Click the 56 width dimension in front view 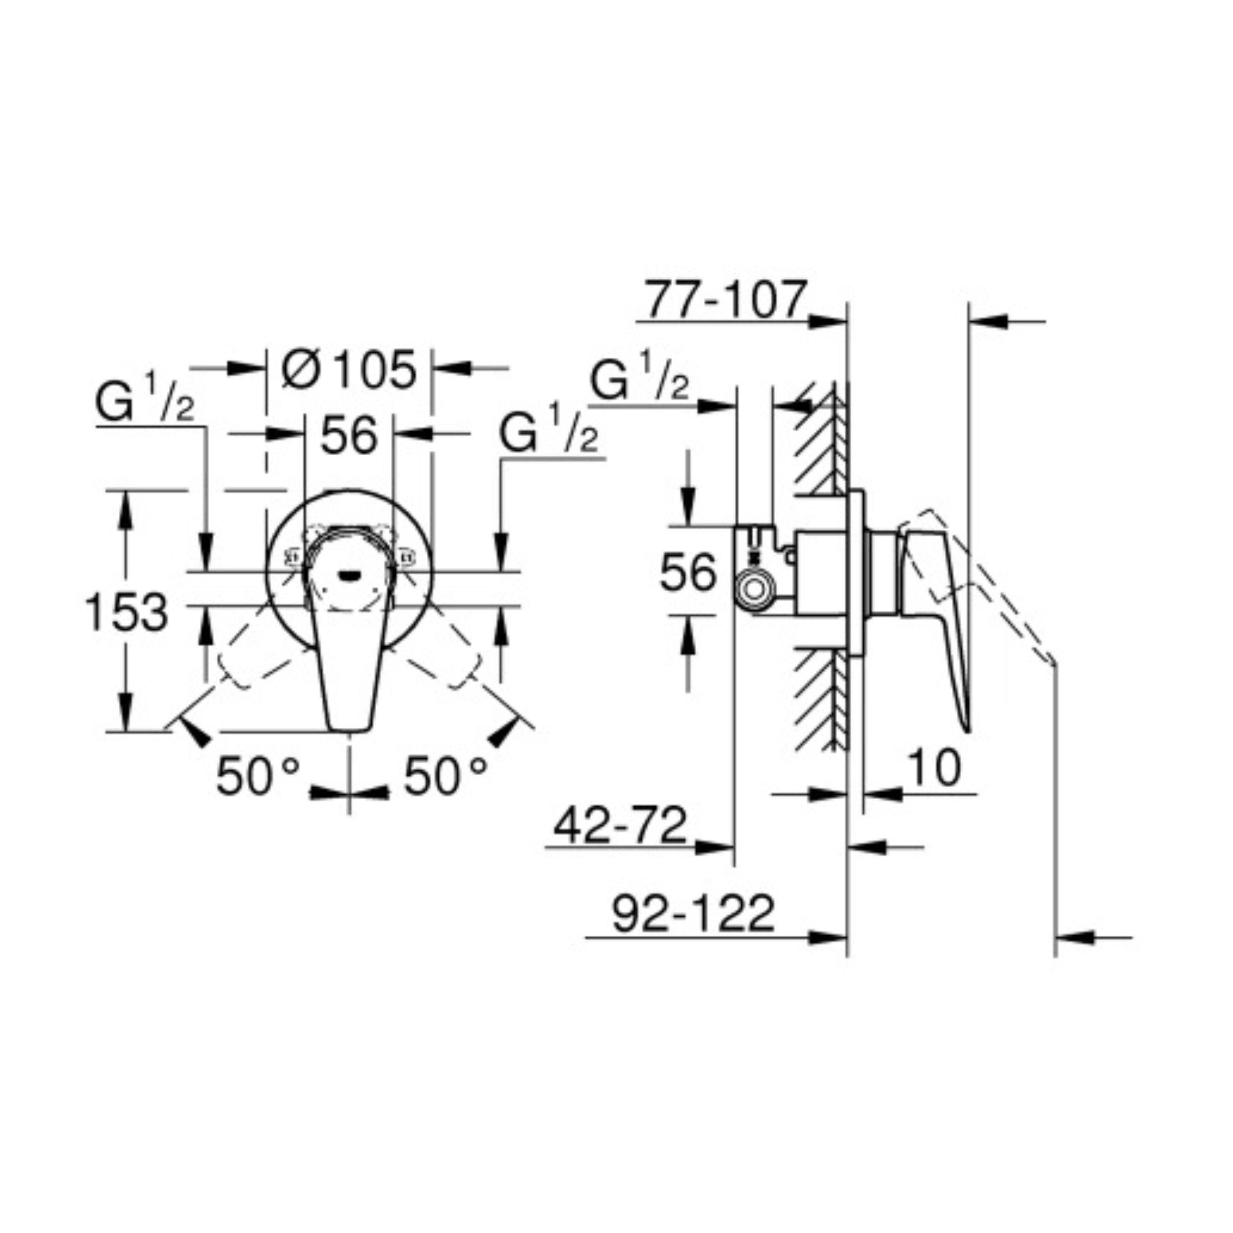349,436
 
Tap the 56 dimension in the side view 688,572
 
